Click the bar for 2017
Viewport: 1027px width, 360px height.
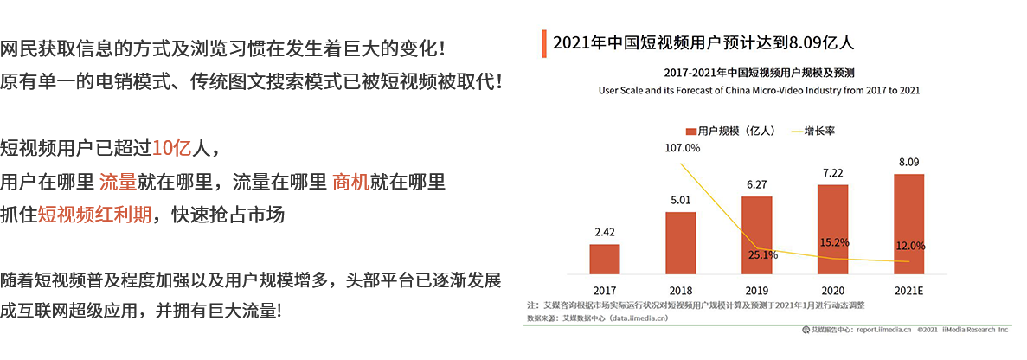(x=605, y=259)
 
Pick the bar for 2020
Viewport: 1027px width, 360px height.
(x=832, y=228)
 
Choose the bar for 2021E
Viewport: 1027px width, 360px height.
(x=908, y=222)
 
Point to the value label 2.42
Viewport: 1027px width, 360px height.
(x=605, y=231)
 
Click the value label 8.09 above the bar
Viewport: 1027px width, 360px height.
(x=908, y=162)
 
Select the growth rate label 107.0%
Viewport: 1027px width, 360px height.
(x=682, y=148)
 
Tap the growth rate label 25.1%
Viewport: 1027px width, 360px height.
(x=761, y=254)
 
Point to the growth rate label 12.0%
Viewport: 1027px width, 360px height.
(x=908, y=245)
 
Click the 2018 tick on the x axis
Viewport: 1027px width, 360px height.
(x=681, y=291)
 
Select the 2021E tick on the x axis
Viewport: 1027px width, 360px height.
(x=908, y=291)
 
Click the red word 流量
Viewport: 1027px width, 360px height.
(x=117, y=181)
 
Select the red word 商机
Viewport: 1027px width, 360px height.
(x=350, y=181)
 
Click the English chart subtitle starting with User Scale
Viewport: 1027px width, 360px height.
(x=758, y=90)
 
